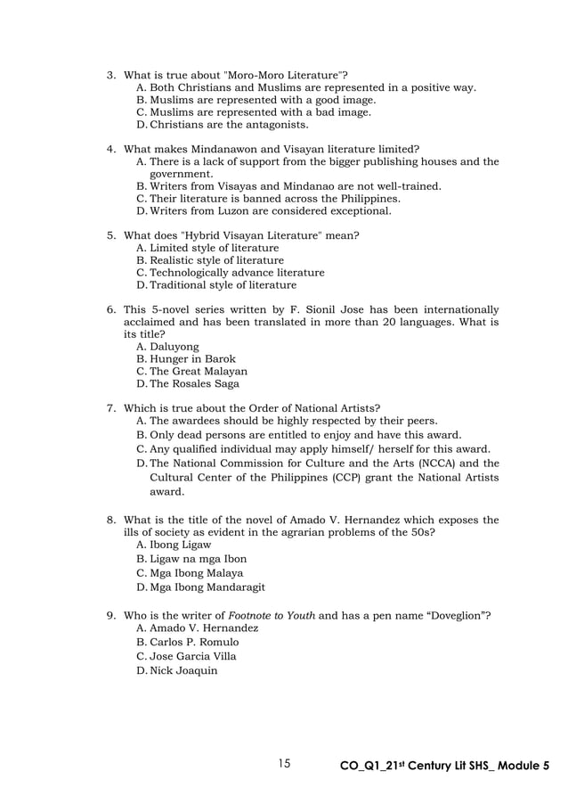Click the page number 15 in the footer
click(x=284, y=763)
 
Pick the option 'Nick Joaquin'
click(x=183, y=670)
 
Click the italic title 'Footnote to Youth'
click(x=272, y=616)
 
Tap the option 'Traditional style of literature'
click(x=223, y=285)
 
